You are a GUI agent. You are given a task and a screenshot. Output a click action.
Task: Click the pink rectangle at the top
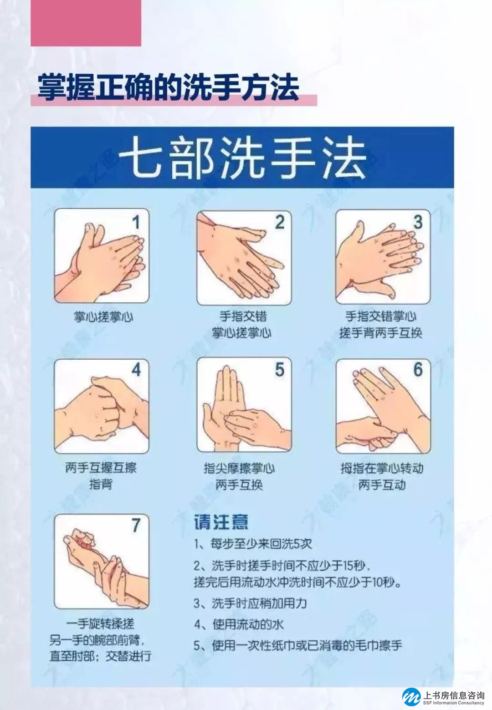[x=86, y=23]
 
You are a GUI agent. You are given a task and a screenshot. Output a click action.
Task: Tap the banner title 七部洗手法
[x=242, y=157]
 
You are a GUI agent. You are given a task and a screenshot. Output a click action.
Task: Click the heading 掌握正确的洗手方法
[x=169, y=87]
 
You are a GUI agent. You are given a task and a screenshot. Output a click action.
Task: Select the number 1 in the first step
[x=136, y=222]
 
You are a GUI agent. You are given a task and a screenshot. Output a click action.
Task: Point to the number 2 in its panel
[x=280, y=222]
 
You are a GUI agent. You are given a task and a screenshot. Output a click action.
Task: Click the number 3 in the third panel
[x=418, y=222]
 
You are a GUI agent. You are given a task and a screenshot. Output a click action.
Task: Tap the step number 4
[x=136, y=370]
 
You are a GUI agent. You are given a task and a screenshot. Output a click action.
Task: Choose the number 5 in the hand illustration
[x=280, y=370]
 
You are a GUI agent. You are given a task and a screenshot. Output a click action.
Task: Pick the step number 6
[x=418, y=370]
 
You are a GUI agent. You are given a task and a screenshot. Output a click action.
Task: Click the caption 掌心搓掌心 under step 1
[x=103, y=317]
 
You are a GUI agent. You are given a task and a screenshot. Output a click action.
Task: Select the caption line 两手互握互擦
[x=101, y=468]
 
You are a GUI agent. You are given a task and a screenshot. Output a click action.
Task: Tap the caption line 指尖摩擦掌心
[x=239, y=468]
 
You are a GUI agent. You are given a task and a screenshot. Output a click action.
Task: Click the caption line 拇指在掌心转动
[x=382, y=468]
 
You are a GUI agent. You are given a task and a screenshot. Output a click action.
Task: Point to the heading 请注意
[x=221, y=522]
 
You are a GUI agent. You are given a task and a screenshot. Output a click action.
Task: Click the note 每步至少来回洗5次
[x=253, y=544]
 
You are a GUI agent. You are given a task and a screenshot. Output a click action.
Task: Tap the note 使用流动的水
[x=239, y=624]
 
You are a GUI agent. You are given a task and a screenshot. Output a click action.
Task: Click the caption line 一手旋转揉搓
[x=100, y=624]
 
